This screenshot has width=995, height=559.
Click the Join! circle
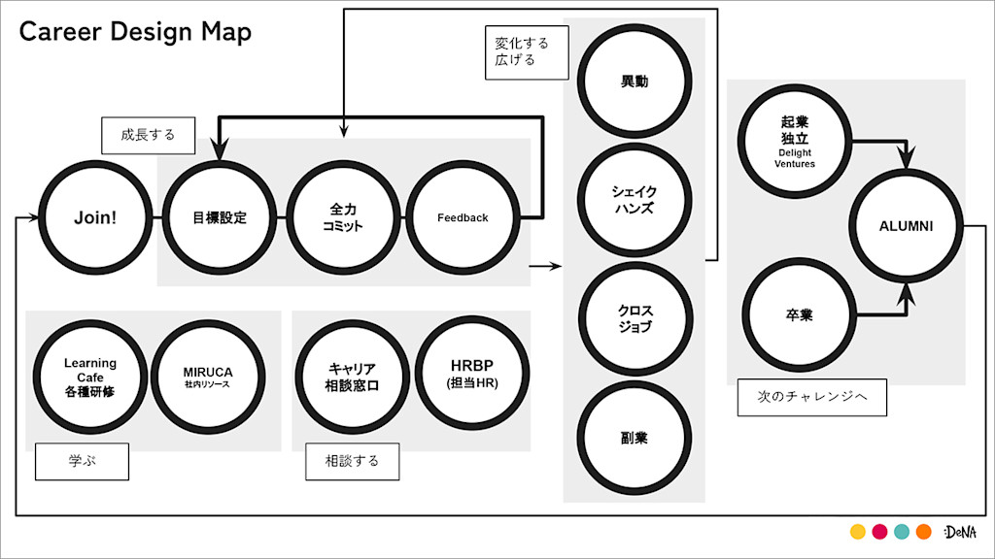pos(95,217)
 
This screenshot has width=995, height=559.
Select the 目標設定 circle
pos(220,217)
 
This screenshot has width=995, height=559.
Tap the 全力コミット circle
pos(343,217)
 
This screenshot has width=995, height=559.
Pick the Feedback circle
pos(462,217)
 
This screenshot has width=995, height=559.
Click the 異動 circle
pos(635,82)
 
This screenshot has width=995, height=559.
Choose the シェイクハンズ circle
pos(635,200)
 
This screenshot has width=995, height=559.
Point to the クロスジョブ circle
pos(635,318)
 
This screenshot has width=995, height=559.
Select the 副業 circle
pos(635,438)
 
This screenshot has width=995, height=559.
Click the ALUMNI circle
pos(906,226)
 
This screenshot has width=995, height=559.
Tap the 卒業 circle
pos(799,315)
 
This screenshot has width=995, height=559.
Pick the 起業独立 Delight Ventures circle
pos(795,142)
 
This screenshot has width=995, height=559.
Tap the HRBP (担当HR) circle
pos(472,376)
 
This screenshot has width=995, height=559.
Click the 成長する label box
pos(149,135)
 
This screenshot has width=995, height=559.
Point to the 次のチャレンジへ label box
pos(811,397)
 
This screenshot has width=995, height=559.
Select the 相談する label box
pos(352,461)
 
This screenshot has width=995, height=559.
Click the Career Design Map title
pos(135,32)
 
